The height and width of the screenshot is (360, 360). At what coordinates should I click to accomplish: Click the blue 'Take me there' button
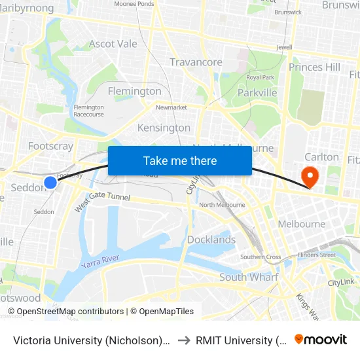[180, 160]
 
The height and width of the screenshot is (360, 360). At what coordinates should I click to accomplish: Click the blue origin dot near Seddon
[50, 183]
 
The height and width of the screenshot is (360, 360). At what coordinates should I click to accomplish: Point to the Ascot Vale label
[113, 44]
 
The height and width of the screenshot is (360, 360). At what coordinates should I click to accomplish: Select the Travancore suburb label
[196, 62]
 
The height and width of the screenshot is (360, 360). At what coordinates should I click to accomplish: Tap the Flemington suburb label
[134, 91]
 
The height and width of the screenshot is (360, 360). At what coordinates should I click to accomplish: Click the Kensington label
[164, 128]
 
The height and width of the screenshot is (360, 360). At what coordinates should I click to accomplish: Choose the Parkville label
[257, 92]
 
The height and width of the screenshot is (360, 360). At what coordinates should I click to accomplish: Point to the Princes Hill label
[314, 67]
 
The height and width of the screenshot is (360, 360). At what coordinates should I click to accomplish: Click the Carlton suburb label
[322, 157]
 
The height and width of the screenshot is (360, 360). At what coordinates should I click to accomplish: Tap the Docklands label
[211, 240]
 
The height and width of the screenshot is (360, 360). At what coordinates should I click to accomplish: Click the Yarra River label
[100, 262]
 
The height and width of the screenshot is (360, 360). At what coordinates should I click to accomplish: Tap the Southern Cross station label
[260, 257]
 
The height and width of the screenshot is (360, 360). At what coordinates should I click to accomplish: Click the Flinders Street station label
[316, 255]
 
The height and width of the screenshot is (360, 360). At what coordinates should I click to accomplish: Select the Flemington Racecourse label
[88, 111]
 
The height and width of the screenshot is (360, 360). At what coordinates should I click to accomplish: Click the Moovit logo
[320, 339]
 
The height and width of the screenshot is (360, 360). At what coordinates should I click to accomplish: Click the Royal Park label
[260, 77]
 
